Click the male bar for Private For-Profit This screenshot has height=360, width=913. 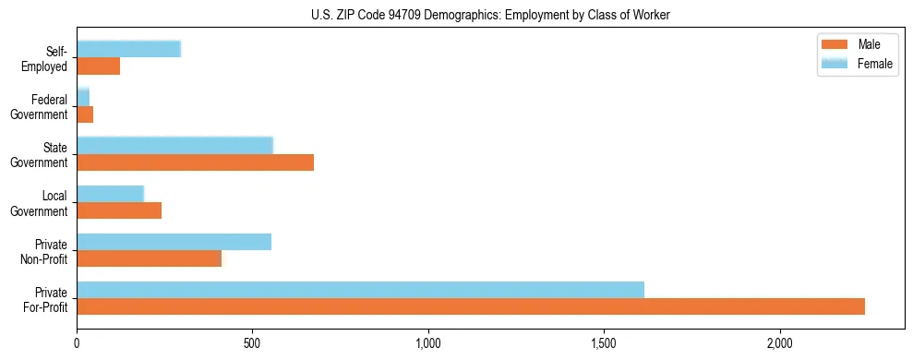[471, 306]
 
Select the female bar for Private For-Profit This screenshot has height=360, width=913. [360, 290]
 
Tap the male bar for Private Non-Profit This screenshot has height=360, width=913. [149, 258]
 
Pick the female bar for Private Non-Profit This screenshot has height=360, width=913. [174, 242]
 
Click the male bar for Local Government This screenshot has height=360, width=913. [119, 210]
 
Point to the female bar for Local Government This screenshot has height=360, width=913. [110, 194]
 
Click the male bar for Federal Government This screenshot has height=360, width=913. [85, 114]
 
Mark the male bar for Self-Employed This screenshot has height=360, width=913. [98, 66]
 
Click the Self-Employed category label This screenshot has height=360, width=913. [48, 58]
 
